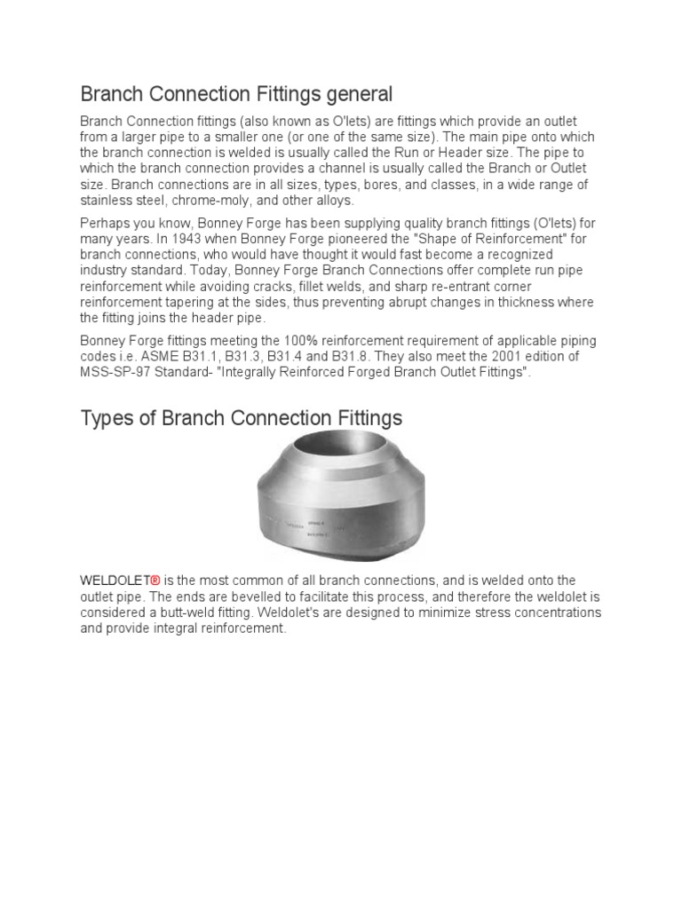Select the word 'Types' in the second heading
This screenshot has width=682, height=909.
point(106,418)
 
